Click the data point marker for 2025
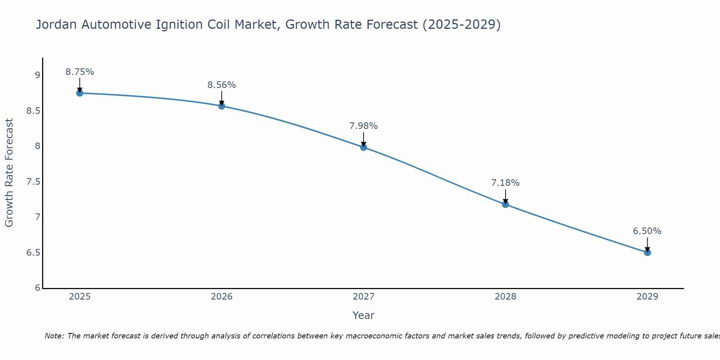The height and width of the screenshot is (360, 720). (80, 93)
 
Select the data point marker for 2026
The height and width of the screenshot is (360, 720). (221, 106)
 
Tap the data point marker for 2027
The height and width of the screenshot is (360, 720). (363, 147)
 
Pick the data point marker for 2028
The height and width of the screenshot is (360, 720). (505, 204)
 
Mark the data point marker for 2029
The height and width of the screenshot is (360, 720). (647, 252)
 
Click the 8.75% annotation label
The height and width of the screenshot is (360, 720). (80, 72)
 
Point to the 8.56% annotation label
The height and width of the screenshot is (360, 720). (221, 85)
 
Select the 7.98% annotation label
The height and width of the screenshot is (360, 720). (363, 126)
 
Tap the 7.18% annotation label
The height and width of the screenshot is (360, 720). (505, 183)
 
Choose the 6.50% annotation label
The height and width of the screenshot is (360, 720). (647, 231)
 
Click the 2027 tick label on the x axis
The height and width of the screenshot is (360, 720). (363, 297)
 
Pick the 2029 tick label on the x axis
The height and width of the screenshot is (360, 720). (647, 297)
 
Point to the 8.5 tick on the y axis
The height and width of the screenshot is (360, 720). (33, 111)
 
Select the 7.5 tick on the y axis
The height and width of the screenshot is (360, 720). (33, 182)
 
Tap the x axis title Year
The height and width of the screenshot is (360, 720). (363, 315)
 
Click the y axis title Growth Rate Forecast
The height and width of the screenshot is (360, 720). (9, 173)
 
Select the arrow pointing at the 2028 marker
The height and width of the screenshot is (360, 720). (505, 197)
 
